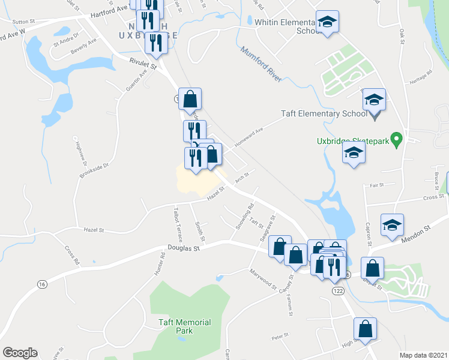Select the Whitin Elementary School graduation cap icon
[327, 22]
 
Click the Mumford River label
[261, 65]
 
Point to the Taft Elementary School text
[324, 113]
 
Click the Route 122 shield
[337, 290]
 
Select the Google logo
[20, 353]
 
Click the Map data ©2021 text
[423, 355]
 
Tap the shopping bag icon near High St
[365, 328]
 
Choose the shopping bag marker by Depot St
[372, 268]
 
